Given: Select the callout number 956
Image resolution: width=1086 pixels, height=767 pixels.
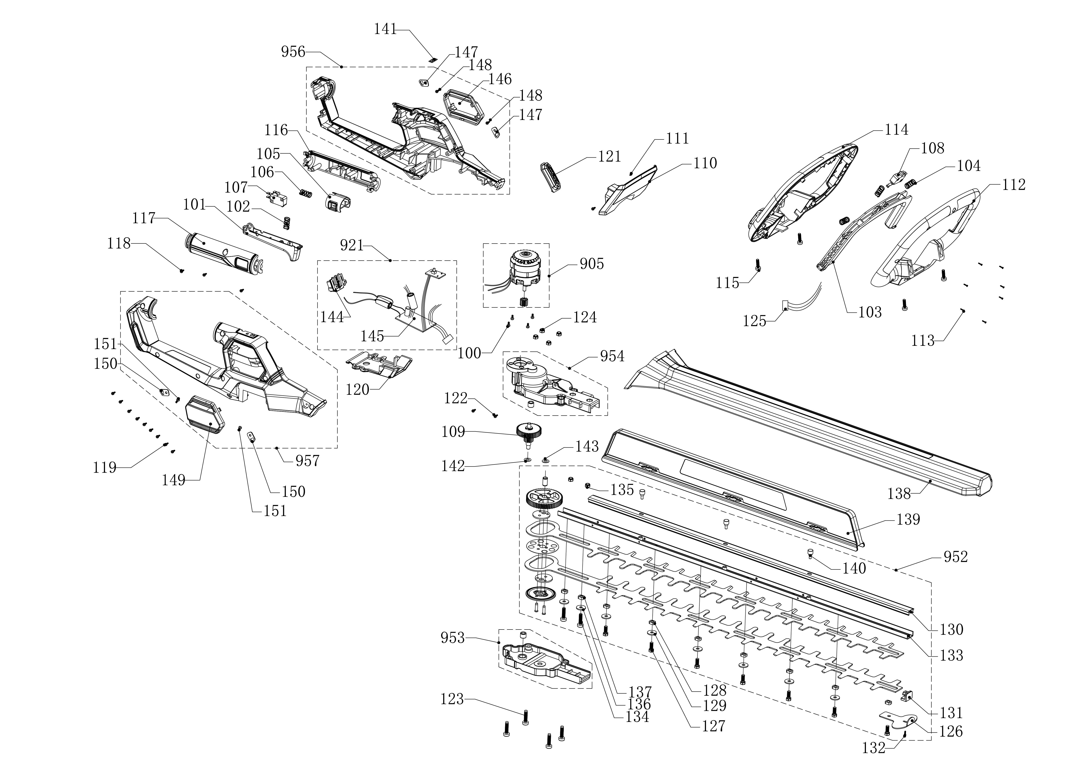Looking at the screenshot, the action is tap(293, 52).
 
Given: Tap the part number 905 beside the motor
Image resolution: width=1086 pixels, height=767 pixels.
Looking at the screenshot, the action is tap(592, 264).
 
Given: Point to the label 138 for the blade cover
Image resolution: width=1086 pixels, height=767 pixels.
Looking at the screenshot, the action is tap(899, 494).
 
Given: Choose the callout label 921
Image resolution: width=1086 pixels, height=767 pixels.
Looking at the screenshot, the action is tap(352, 245).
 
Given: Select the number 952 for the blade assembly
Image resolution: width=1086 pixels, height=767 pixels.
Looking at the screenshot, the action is tap(956, 557).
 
